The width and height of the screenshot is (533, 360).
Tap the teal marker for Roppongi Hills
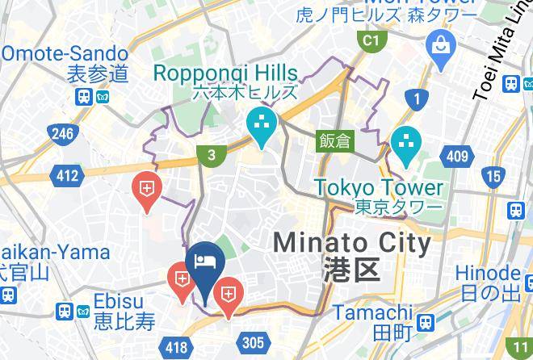pos(262,125)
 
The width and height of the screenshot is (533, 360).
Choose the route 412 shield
pos(67,174)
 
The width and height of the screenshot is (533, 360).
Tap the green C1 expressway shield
pos(371,40)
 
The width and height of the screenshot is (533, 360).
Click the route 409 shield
pos(457,157)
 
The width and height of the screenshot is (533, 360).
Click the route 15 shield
pos(493,176)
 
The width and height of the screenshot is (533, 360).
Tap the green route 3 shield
pos(211,156)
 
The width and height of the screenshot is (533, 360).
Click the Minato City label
pos(351,241)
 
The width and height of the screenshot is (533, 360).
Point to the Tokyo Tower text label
pos(379,188)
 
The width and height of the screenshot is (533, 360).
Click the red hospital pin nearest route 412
pos(146,190)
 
